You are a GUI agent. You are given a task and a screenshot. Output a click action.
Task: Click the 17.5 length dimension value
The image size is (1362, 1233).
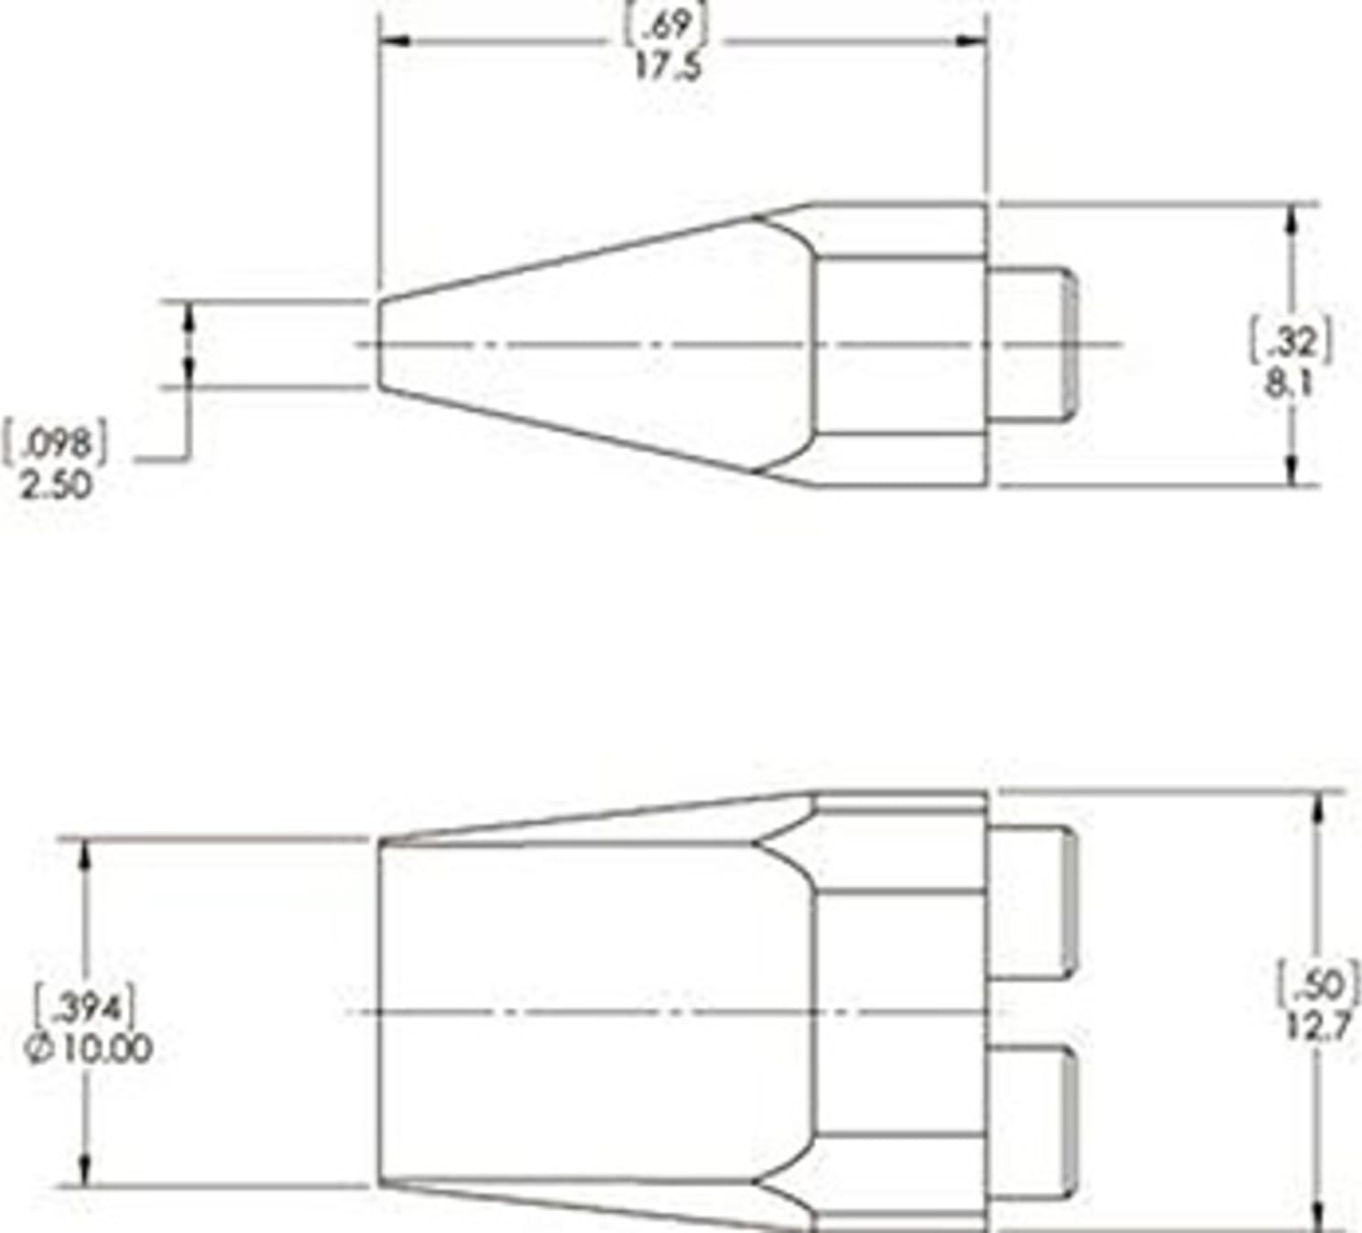[668, 66]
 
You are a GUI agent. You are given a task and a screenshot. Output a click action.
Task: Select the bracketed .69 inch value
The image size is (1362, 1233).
[666, 25]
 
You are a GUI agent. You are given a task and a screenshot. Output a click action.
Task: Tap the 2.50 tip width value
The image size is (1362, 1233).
[56, 485]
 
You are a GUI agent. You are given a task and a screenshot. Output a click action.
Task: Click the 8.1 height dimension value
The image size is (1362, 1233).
[1290, 383]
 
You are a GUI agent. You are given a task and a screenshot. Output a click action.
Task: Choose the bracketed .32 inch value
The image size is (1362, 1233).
[1291, 343]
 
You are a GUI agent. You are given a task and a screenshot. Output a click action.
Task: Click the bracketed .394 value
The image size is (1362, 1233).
[86, 1009]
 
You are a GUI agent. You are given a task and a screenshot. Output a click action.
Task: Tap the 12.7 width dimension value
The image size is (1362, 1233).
[1318, 1027]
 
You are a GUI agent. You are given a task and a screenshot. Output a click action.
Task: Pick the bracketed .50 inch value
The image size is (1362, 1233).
[1320, 986]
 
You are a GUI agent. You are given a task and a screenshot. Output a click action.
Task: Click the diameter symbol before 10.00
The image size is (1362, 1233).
[38, 1050]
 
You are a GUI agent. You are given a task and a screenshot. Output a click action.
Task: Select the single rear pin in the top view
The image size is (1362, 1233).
[1030, 344]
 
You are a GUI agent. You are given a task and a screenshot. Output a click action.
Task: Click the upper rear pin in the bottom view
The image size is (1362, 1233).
[1030, 902]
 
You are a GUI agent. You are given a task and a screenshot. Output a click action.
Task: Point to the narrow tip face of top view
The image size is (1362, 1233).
[380, 344]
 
